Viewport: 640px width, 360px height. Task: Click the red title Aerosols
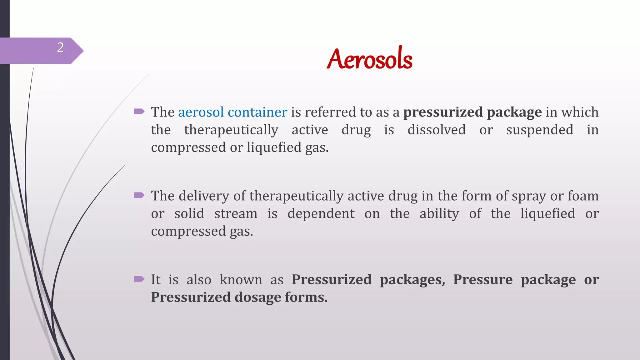369,59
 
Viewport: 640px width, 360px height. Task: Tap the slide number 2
60,47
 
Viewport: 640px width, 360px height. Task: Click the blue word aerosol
201,112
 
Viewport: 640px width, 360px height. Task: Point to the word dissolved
437,130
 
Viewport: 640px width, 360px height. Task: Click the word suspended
540,130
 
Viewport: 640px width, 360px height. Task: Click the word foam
583,196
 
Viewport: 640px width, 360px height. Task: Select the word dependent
321,214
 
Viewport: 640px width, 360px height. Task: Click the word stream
236,214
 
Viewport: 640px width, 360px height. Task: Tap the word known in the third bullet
241,280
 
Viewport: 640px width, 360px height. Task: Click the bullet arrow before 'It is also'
139,279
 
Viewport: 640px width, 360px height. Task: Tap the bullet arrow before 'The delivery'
139,195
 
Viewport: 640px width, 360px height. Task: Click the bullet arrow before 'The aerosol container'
139,111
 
